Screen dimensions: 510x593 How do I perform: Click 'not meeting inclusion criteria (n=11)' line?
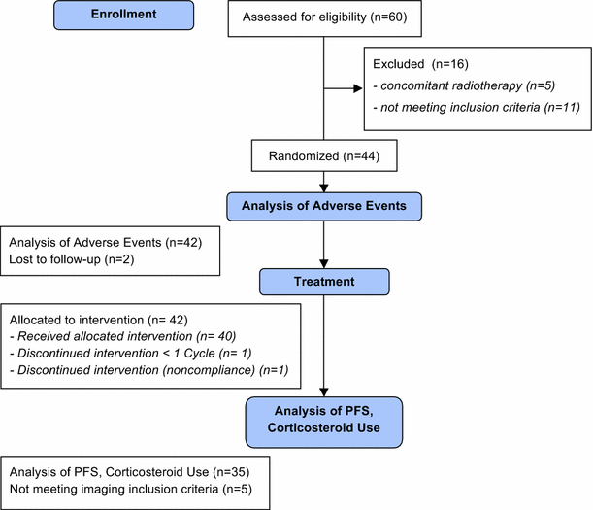(477, 108)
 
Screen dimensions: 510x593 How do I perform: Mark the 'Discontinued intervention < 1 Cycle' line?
(117, 354)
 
